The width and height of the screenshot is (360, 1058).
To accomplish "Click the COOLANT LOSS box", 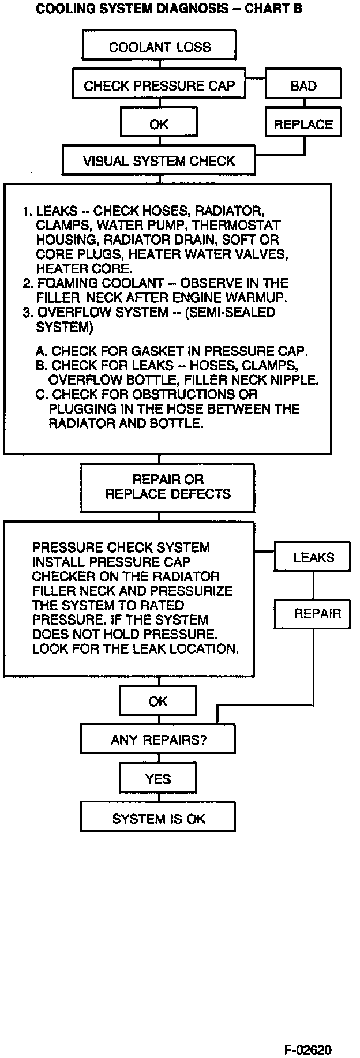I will [x=159, y=47].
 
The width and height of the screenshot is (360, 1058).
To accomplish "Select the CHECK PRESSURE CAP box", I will [x=159, y=86].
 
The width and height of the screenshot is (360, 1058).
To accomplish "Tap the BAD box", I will [x=303, y=86].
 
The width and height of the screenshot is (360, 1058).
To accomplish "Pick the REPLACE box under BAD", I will [x=303, y=125].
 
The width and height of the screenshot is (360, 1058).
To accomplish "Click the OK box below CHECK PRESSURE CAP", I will [x=159, y=125].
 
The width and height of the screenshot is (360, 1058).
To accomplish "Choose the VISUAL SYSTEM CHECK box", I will [x=159, y=161].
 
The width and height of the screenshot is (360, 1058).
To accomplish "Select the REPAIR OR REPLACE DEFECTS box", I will [x=168, y=487].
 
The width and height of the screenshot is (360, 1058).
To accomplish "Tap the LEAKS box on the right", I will [x=313, y=557].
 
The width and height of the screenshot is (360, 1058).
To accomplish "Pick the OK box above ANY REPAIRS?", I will [x=157, y=701].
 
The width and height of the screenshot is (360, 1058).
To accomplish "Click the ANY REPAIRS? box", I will [x=158, y=740].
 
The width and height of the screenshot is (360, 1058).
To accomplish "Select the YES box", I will [x=157, y=779].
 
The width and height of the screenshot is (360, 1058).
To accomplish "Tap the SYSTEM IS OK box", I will [x=158, y=819].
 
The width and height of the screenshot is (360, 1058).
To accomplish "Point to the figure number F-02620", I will [x=307, y=1049].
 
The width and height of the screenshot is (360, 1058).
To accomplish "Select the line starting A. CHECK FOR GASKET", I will [x=172, y=351].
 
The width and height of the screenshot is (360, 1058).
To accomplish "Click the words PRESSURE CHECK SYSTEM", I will [x=121, y=547].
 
